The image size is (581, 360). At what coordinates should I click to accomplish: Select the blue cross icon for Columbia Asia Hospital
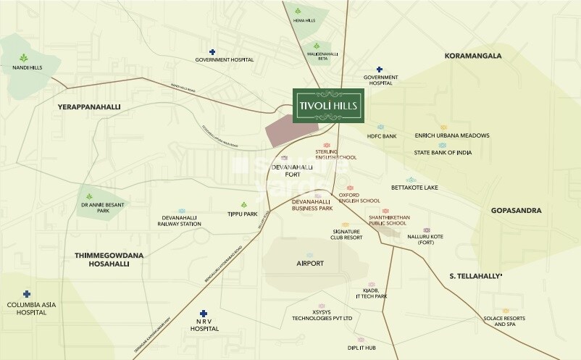(x=27, y=294)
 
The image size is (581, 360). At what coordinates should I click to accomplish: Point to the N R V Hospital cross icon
(x=203, y=313)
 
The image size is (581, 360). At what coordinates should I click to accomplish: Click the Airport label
(x=310, y=264)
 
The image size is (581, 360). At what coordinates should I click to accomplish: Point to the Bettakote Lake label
(x=414, y=188)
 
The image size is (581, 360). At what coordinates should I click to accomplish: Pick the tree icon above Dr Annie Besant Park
(x=88, y=196)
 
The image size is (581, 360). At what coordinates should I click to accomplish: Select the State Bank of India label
(x=442, y=153)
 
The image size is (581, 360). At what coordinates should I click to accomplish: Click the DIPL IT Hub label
(x=361, y=348)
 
